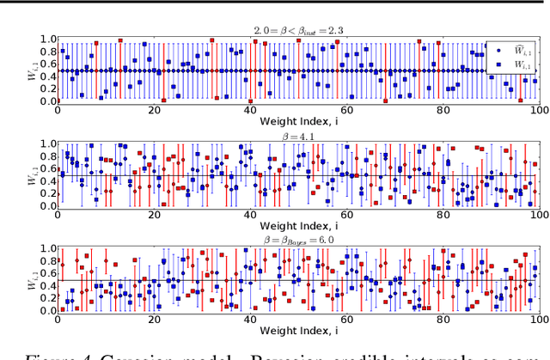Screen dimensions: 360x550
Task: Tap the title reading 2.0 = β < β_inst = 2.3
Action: click(x=297, y=30)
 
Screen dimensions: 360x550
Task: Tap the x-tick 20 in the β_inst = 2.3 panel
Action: click(x=153, y=111)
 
